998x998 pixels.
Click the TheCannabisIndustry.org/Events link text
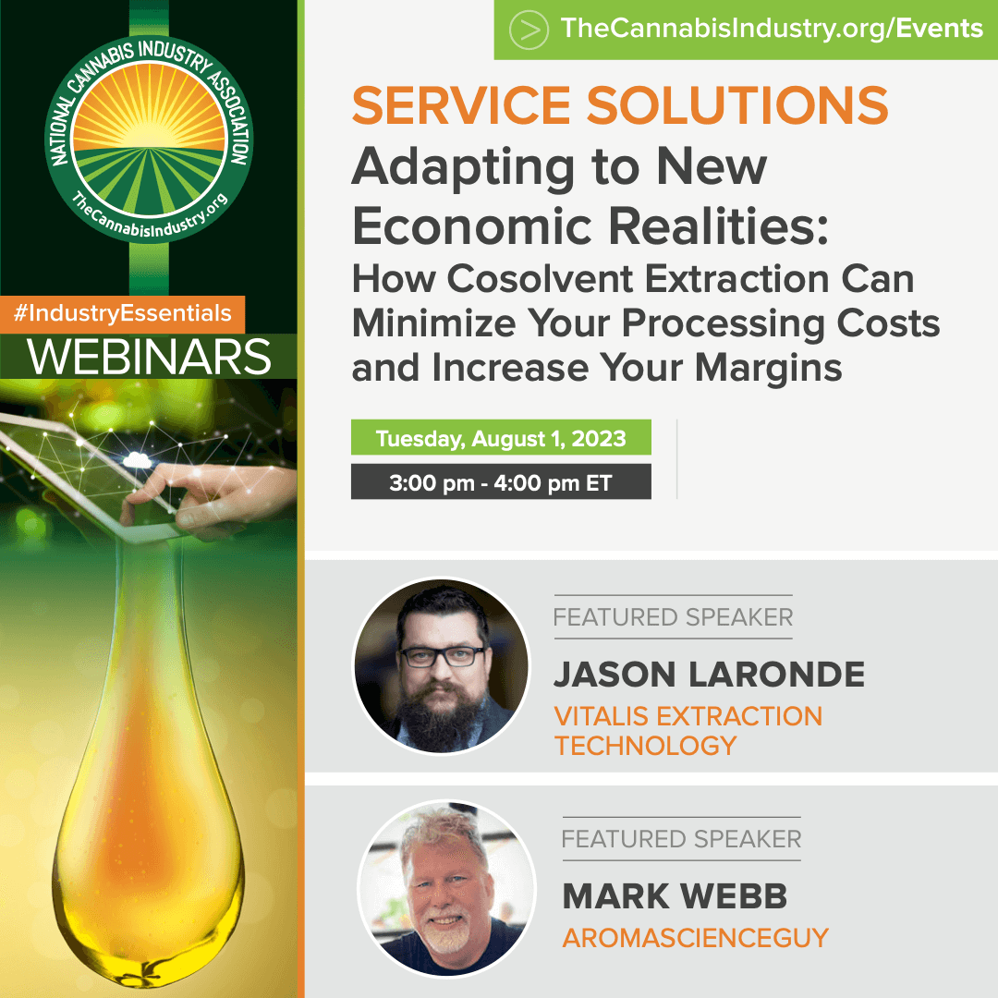pyautogui.click(x=772, y=29)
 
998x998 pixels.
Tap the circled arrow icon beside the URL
pyautogui.click(x=529, y=30)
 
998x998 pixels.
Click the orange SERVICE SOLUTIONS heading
pyautogui.click(x=620, y=105)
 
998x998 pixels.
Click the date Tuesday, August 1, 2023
pyautogui.click(x=501, y=438)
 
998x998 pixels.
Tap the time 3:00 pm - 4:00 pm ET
pyautogui.click(x=500, y=483)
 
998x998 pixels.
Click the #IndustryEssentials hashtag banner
pyautogui.click(x=122, y=314)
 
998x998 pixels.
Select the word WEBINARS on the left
pyautogui.click(x=149, y=357)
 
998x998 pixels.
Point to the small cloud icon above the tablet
pyautogui.click(x=137, y=459)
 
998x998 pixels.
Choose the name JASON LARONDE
pyautogui.click(x=709, y=675)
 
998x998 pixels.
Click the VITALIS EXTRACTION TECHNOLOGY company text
pyautogui.click(x=688, y=731)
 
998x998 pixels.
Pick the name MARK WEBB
pyautogui.click(x=675, y=896)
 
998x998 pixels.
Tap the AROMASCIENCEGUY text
pyautogui.click(x=695, y=938)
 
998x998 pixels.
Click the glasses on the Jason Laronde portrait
pyautogui.click(x=443, y=655)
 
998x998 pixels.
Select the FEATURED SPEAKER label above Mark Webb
pyautogui.click(x=681, y=839)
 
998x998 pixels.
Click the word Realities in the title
pyautogui.click(x=719, y=226)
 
